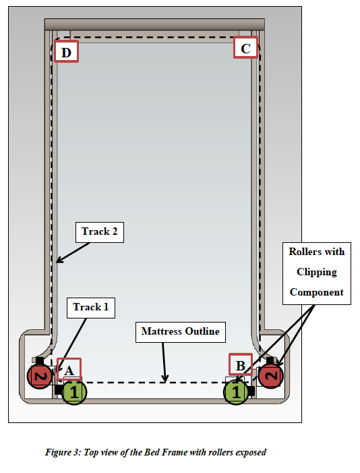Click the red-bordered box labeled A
pyautogui.click(x=69, y=368)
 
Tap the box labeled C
pyautogui.click(x=245, y=48)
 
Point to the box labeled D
pyautogui.click(x=66, y=51)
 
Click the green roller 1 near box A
pyautogui.click(x=75, y=391)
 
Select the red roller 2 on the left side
pyautogui.click(x=38, y=376)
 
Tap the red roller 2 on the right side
pyautogui.click(x=271, y=375)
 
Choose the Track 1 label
pyautogui.click(x=90, y=307)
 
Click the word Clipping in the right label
pyautogui.click(x=316, y=272)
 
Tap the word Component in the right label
pyautogui.click(x=316, y=292)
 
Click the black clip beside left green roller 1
pyautogui.click(x=59, y=391)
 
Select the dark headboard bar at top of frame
pyautogui.click(x=154, y=25)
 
